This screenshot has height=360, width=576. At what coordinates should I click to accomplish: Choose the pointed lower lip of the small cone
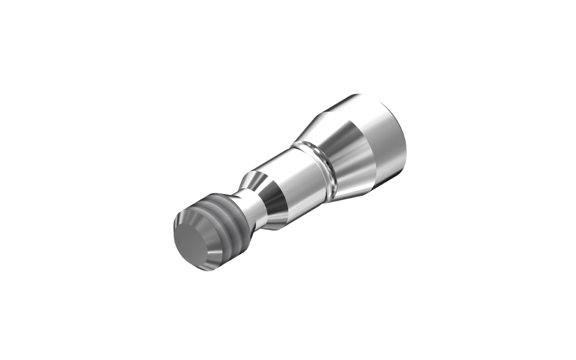pos(276,229)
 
